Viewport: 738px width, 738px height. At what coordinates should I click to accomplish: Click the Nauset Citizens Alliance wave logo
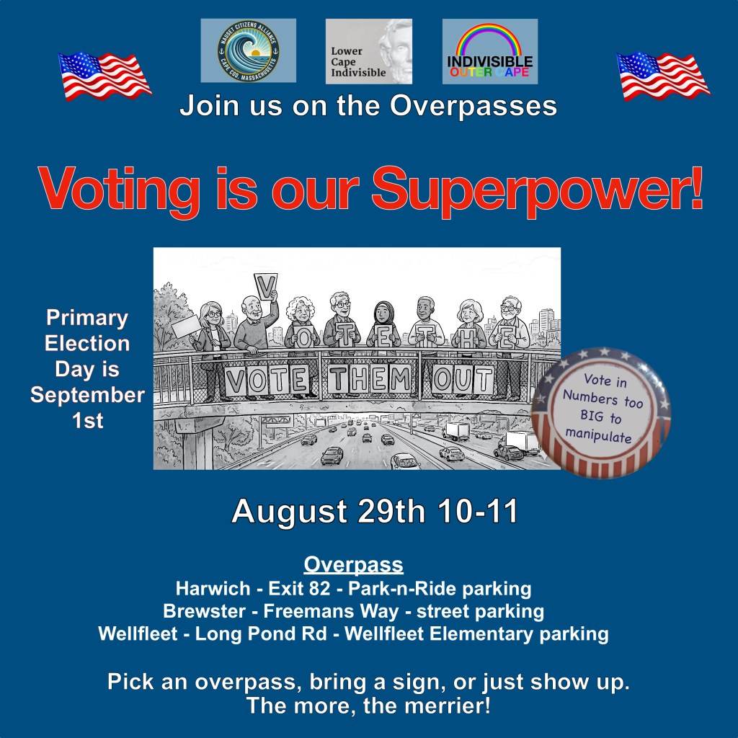248,50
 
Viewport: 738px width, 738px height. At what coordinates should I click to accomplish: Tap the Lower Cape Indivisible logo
368,51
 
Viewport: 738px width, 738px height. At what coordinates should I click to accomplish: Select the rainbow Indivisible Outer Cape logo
489,51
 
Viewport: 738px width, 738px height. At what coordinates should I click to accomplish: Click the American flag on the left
105,76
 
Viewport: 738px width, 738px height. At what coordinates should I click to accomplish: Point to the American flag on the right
663,76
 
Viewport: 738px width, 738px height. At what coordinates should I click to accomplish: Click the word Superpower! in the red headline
537,191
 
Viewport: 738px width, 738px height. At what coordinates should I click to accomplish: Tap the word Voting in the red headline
120,191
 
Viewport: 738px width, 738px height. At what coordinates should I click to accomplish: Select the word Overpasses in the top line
473,106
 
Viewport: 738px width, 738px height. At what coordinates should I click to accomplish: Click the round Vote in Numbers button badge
601,413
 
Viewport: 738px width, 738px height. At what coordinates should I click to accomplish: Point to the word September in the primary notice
87,396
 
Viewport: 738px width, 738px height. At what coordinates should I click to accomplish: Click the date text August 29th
328,512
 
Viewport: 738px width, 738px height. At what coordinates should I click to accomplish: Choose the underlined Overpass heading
353,564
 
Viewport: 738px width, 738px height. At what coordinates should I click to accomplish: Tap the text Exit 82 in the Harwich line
299,588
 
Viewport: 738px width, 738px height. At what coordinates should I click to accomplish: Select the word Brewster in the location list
204,611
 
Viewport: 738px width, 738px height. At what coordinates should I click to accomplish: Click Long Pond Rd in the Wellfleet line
261,633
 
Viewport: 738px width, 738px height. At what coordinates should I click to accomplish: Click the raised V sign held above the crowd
265,286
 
